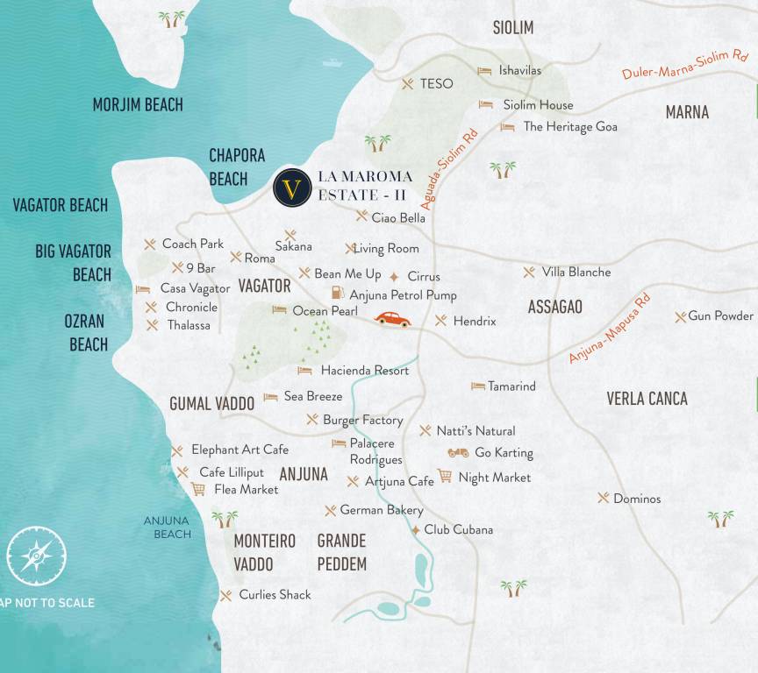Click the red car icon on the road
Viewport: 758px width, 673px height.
coord(392,320)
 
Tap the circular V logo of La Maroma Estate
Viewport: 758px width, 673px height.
coord(292,188)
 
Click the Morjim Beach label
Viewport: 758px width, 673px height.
coord(138,105)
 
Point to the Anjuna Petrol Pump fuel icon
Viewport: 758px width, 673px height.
coord(337,294)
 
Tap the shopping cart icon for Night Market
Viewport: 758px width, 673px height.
coord(445,476)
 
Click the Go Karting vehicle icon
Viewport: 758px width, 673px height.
coord(458,453)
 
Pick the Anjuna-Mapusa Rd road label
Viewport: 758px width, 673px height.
coord(609,329)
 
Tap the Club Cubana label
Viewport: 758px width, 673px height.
coord(458,529)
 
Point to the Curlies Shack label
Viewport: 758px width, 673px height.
coord(275,594)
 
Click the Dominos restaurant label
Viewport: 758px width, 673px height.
coord(637,499)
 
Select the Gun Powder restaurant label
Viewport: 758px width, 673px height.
coord(720,315)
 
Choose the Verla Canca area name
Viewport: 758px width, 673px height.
coord(647,399)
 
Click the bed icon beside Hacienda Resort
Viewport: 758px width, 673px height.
coord(304,371)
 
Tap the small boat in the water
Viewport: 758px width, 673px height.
coord(332,62)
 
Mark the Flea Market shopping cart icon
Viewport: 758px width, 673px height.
coord(198,489)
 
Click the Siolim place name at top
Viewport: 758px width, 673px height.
coord(512,28)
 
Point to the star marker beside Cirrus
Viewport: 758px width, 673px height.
coord(394,276)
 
